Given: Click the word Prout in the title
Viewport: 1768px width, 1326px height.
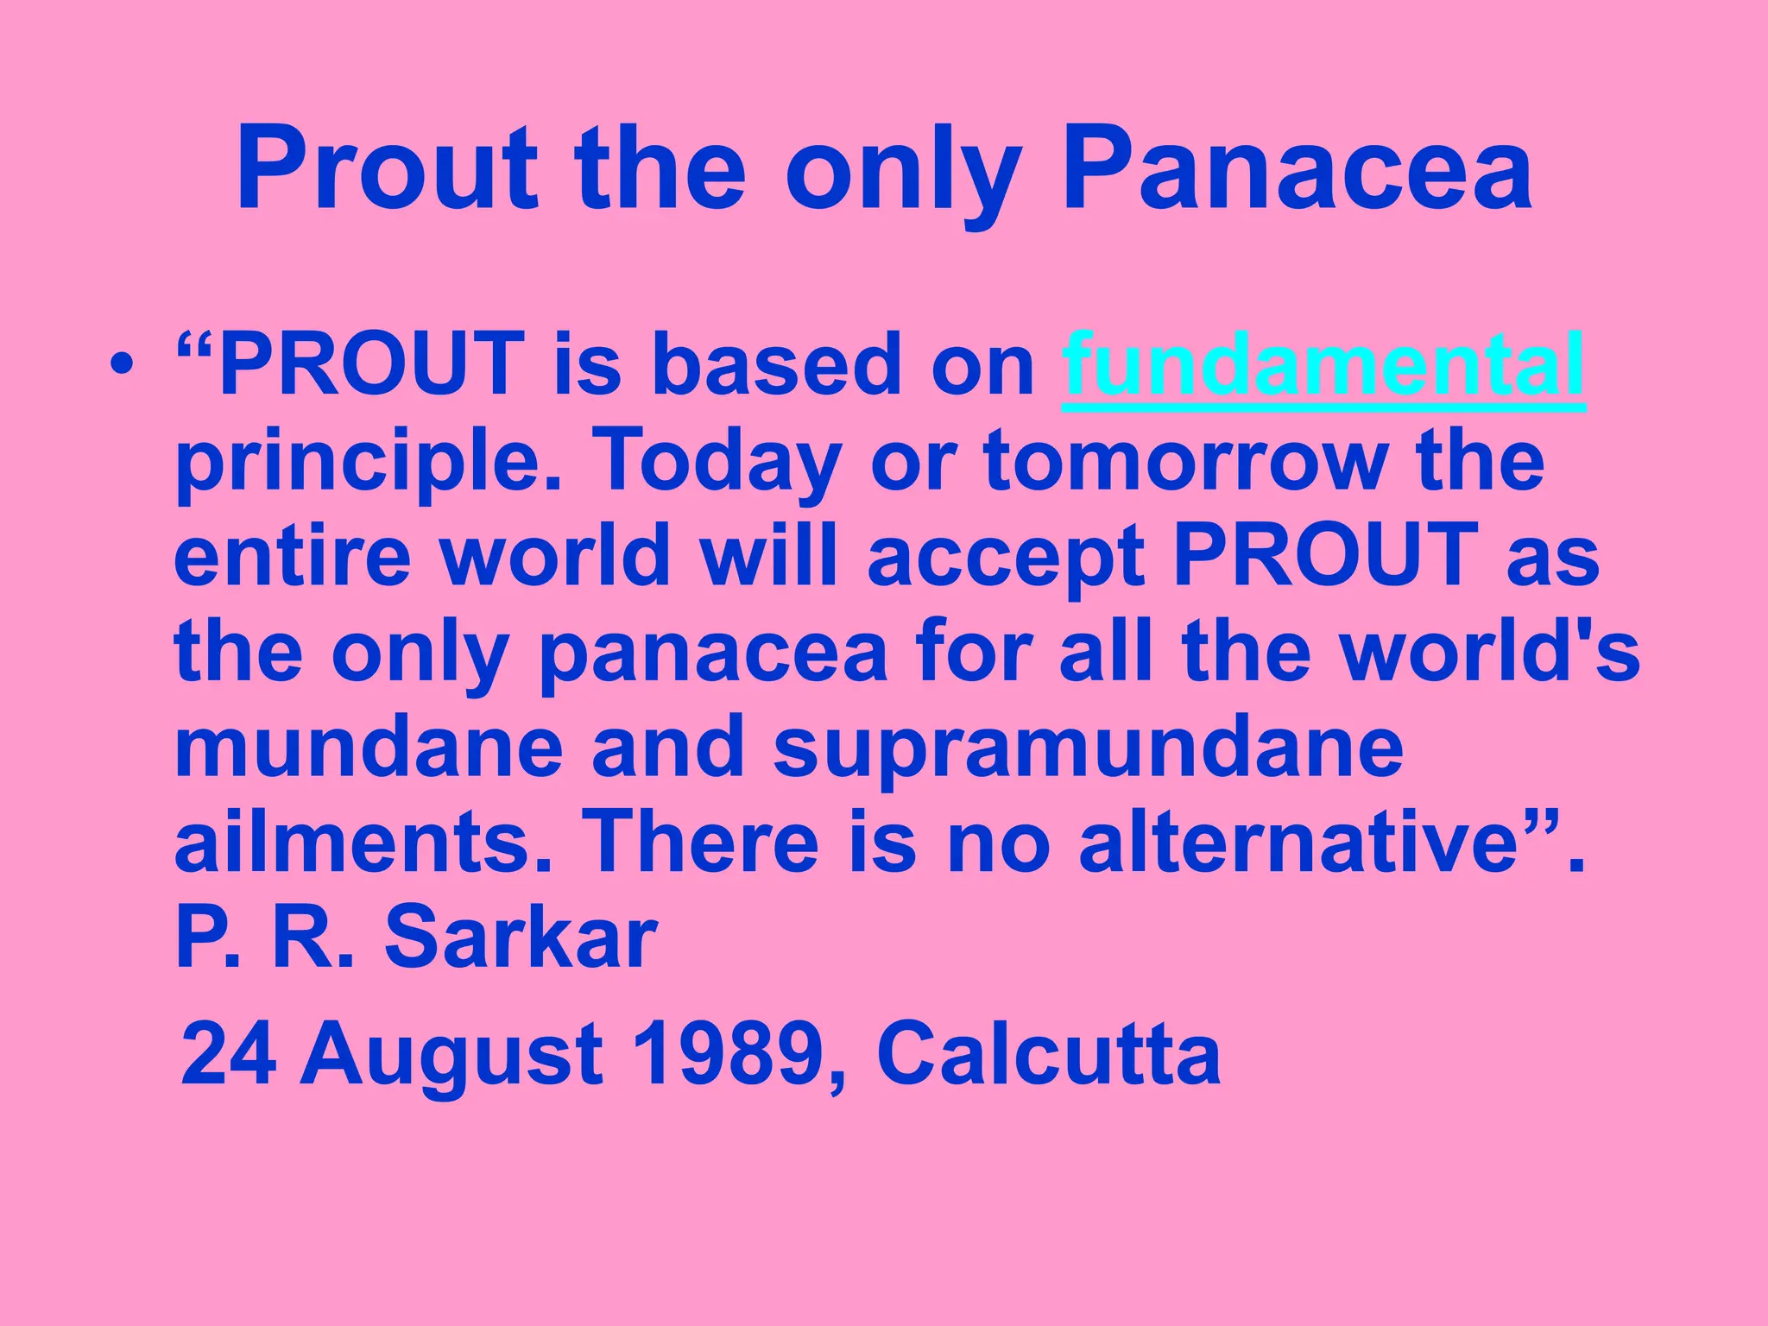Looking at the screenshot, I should [x=387, y=169].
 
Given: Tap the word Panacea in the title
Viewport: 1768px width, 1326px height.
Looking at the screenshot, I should [x=1298, y=169].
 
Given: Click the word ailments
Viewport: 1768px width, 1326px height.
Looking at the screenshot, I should [x=363, y=842].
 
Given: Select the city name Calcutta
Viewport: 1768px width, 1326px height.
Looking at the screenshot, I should [x=1049, y=1054].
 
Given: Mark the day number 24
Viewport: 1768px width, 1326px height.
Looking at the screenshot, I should [x=229, y=1054].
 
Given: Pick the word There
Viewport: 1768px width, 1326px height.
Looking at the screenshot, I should [x=700, y=842].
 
